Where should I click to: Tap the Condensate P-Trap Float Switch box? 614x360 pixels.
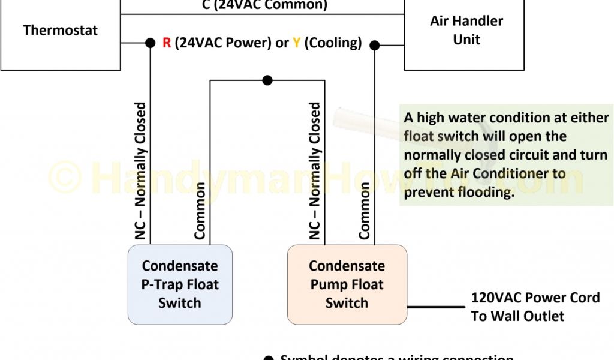tap(180, 284)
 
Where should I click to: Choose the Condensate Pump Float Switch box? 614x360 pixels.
tap(347, 284)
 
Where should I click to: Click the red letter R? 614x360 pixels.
tap(167, 43)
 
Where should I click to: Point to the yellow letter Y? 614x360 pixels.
tap(296, 43)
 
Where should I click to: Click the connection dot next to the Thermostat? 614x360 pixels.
tap(150, 43)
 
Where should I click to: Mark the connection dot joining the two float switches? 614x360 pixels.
tap(267, 80)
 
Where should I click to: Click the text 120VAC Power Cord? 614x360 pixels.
tap(535, 298)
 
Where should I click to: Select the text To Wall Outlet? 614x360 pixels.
tap(517, 316)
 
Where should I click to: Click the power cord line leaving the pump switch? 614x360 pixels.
tap(436, 307)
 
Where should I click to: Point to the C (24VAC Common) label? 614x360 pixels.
tap(264, 5)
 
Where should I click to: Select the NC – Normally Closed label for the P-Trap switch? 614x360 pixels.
tap(140, 172)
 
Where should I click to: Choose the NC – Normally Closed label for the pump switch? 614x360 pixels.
tap(315, 172)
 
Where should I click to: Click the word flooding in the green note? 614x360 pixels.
tap(484, 193)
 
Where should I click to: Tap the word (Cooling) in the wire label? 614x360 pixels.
tap(333, 43)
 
